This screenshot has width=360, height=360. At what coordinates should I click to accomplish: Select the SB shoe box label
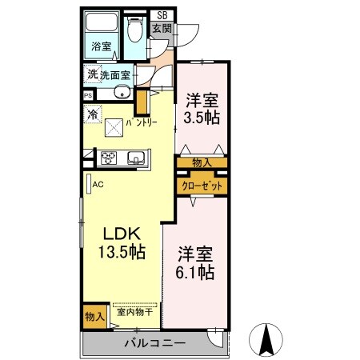click(162, 14)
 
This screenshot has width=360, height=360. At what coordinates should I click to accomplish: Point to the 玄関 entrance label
click(162, 29)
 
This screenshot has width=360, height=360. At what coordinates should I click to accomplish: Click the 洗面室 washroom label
click(110, 76)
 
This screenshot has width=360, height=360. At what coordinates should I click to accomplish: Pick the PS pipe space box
click(87, 93)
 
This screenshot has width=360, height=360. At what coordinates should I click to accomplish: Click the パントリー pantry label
click(141, 122)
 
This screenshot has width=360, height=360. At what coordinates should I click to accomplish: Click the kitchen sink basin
click(134, 157)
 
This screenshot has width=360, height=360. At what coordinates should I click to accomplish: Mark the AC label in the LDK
click(98, 184)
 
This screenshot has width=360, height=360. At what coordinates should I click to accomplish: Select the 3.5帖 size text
click(203, 118)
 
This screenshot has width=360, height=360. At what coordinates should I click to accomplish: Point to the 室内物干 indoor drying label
click(136, 314)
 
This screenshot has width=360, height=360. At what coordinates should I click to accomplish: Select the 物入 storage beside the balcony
click(94, 316)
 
